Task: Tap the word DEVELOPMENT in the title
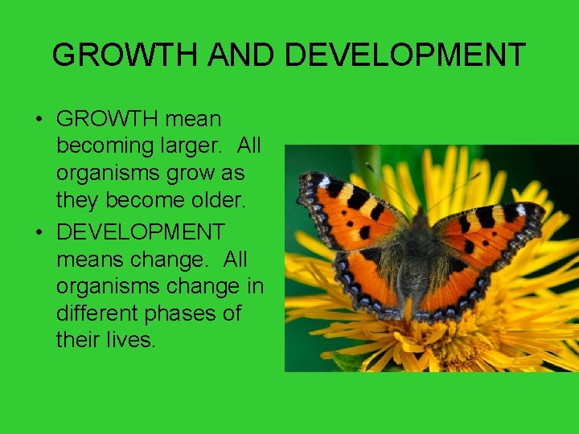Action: click(405, 55)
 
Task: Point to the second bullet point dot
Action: click(39, 234)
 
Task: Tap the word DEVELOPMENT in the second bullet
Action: click(141, 232)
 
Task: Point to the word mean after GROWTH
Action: click(193, 120)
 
